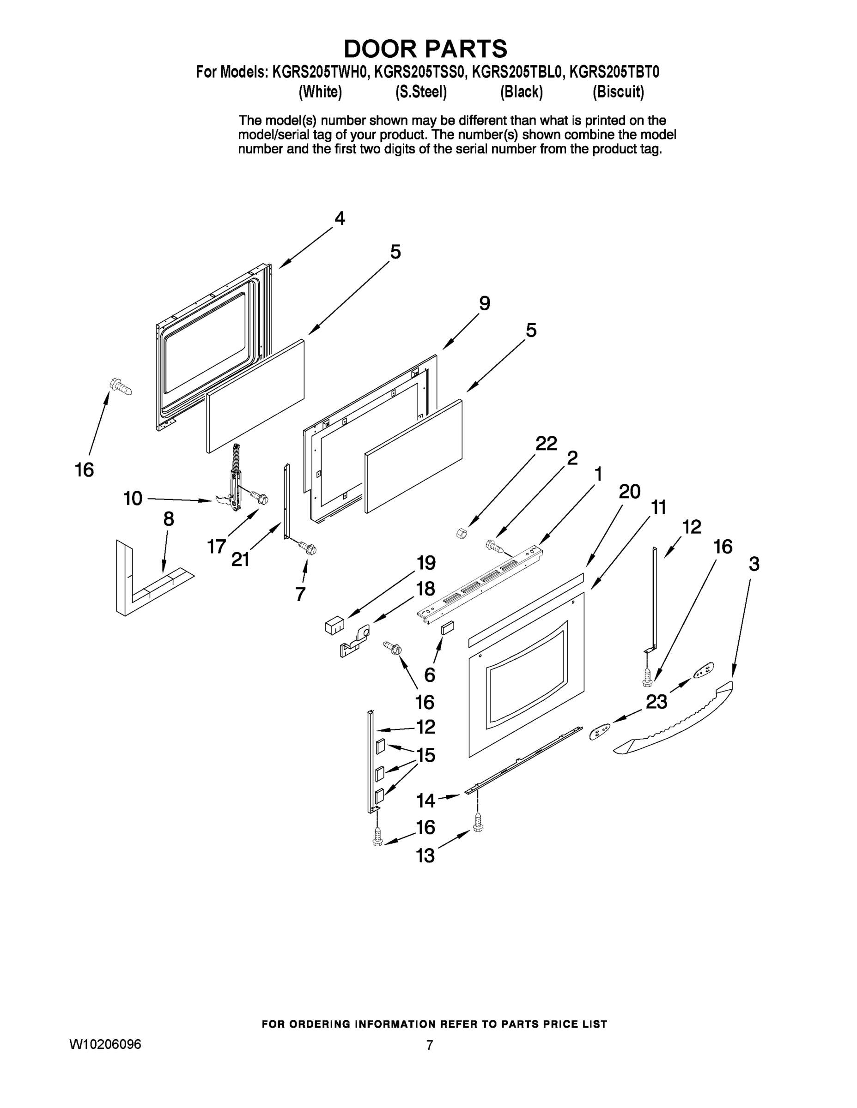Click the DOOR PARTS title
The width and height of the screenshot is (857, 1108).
tap(425, 48)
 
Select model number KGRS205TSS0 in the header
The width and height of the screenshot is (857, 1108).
tap(419, 72)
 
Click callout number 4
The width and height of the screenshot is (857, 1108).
tap(340, 218)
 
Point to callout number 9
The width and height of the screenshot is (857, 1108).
tap(484, 303)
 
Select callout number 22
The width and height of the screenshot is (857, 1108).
tap(546, 443)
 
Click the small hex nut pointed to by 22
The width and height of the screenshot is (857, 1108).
tap(462, 533)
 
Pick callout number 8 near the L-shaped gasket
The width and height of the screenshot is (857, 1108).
tap(169, 519)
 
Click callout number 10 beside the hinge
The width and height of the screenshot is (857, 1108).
tap(133, 498)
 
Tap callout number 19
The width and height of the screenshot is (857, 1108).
tap(426, 563)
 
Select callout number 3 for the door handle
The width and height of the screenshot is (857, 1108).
tap(754, 564)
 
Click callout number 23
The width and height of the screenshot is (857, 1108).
tap(656, 702)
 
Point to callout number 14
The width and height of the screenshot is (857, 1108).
tap(425, 801)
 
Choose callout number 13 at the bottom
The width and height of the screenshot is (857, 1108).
tap(425, 856)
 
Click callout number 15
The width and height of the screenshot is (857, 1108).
tap(426, 755)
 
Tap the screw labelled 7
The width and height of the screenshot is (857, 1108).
tap(308, 548)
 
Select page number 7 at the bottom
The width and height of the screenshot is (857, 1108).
tap(430, 1045)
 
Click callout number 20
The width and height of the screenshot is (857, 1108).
tap(630, 491)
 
